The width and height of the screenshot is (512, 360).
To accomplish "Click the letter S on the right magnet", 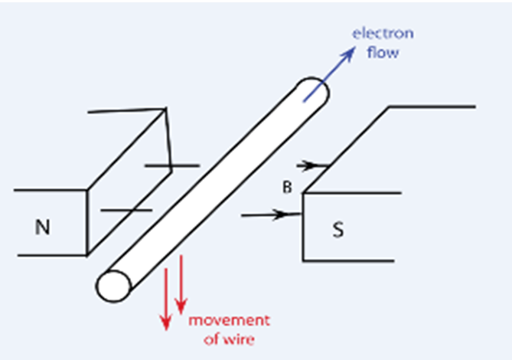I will pyautogui.click(x=338, y=229).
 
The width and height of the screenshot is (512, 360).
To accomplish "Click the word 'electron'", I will pyautogui.click(x=383, y=34).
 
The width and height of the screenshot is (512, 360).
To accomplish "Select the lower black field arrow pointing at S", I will pyautogui.click(x=271, y=215).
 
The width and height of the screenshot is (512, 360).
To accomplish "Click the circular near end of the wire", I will pyautogui.click(x=113, y=286).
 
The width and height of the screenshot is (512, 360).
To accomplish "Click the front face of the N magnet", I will pyautogui.click(x=51, y=223).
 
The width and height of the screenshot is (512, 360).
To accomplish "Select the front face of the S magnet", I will pyautogui.click(x=348, y=227).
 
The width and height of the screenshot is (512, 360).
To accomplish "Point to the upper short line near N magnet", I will pyautogui.click(x=171, y=165).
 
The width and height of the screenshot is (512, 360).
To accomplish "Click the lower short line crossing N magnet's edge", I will pyautogui.click(x=127, y=209).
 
